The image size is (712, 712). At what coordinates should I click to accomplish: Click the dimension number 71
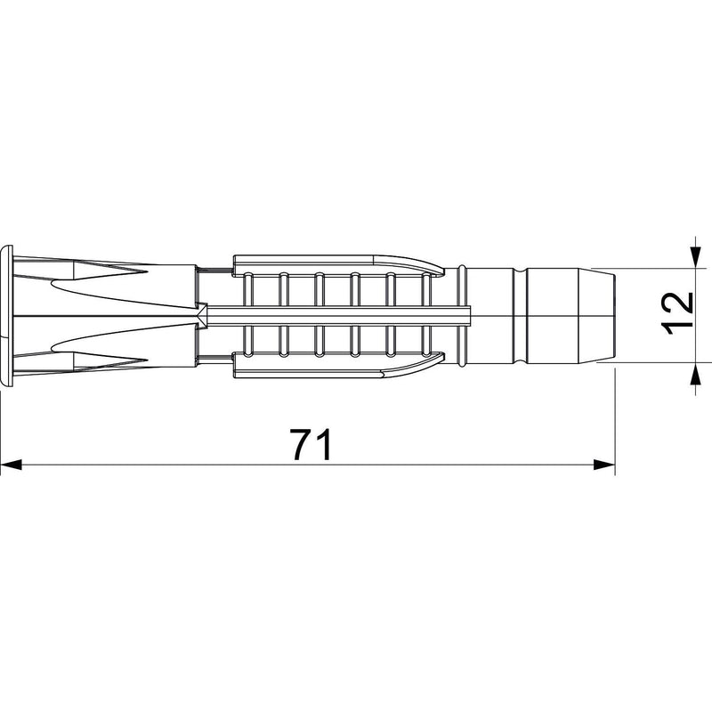312,444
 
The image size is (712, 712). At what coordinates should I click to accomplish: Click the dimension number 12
677,313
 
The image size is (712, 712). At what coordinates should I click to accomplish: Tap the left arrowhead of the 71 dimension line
12,465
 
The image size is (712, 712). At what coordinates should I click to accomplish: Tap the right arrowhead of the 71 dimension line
604,465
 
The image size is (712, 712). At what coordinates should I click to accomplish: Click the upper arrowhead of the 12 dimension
695,256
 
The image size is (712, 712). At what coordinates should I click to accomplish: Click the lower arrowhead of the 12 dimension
695,373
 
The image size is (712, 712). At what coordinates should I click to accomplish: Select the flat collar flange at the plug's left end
7,316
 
